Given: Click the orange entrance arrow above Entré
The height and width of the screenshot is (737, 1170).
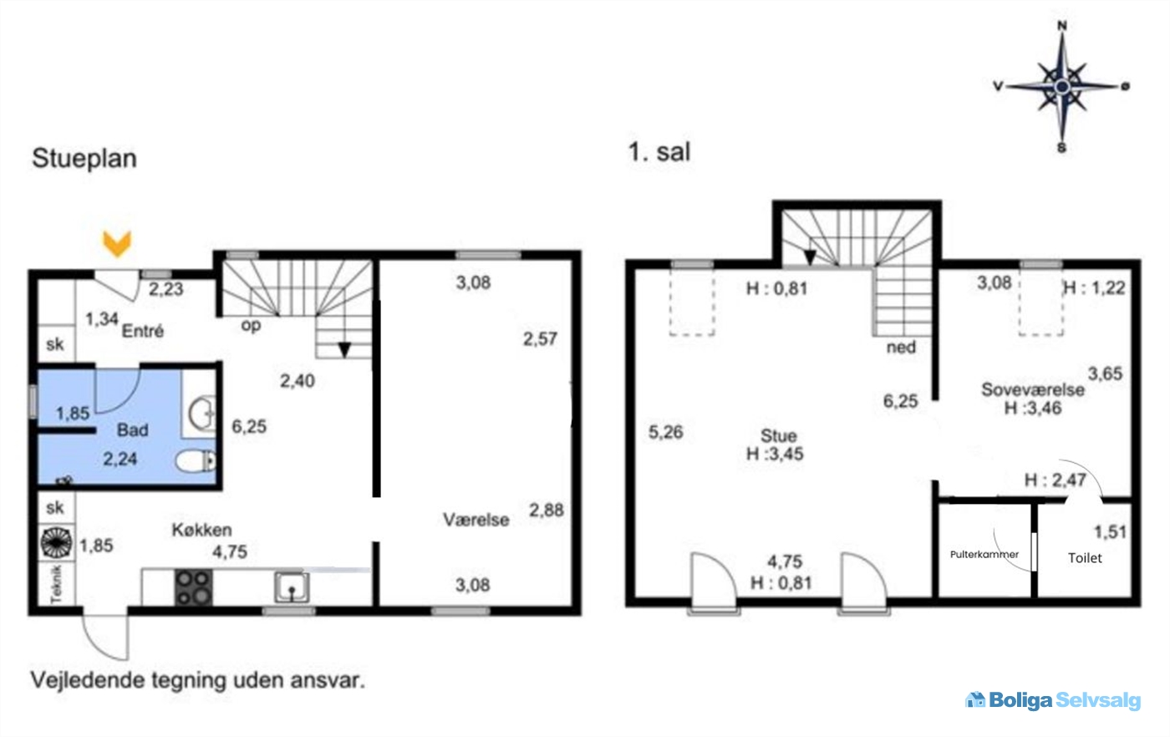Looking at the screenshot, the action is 117,244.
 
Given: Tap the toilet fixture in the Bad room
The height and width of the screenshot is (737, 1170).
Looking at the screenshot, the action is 196,461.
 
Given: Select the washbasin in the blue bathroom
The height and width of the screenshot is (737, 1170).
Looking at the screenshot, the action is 201,414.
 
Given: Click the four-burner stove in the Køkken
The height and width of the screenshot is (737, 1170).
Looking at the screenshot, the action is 193,588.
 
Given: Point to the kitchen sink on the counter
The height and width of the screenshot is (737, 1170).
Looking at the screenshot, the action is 292,587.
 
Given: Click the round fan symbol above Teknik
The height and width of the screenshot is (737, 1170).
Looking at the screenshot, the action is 57,542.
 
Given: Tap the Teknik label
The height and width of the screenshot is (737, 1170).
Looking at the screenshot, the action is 56,584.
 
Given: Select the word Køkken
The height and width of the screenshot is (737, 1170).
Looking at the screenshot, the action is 201,530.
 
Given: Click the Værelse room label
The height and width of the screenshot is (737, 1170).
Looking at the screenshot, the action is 476,520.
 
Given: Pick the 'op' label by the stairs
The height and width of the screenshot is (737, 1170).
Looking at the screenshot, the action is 251,325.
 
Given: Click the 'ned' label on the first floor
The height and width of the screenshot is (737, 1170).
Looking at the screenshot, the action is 901,347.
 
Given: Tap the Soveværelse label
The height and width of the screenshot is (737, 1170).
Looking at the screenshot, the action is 1033,389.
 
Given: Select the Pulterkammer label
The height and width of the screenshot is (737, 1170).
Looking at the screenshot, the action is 984,554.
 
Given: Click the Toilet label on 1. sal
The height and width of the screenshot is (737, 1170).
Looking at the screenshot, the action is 1085,558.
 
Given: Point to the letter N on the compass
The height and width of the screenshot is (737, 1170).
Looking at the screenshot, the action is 1062,26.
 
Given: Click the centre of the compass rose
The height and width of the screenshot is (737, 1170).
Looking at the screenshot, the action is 1062,87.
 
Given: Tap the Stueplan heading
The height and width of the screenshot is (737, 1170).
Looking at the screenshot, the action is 84,158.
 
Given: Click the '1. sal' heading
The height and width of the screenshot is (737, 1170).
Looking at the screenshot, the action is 659,152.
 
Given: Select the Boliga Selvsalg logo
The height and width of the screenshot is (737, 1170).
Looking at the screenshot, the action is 1053,700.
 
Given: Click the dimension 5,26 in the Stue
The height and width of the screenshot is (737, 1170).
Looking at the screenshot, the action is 665,432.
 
